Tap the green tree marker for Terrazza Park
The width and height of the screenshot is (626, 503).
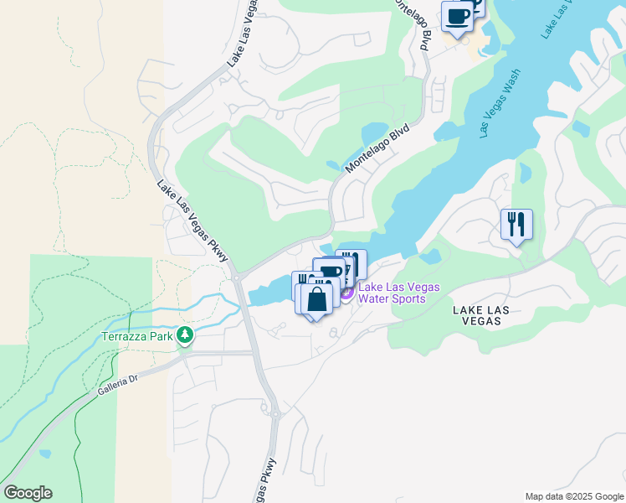(183, 336)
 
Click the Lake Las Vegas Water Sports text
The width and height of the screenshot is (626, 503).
(398, 293)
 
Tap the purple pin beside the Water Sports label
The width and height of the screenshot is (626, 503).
(346, 294)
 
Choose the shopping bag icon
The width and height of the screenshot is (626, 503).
(316, 300)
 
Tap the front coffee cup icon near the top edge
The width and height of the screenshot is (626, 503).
(457, 17)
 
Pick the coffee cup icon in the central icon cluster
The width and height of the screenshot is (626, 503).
(331, 272)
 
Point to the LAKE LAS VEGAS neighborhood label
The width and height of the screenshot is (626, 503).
(493, 317)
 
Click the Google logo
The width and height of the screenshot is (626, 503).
(28, 493)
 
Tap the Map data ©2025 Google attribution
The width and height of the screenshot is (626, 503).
(573, 496)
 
